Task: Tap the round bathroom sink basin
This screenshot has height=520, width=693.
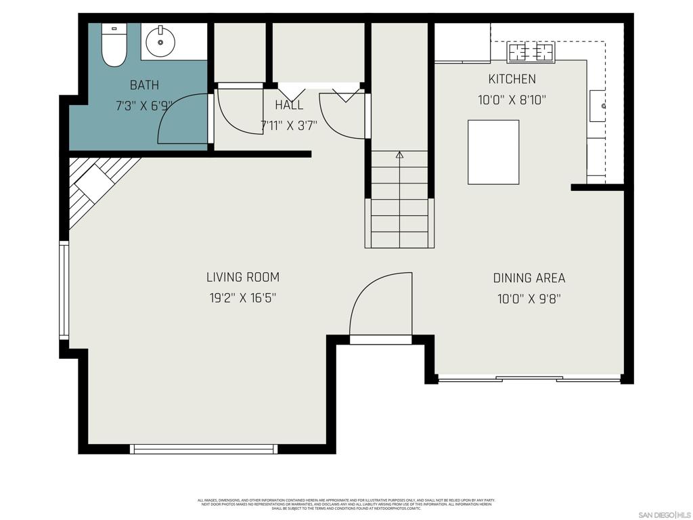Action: pos(161,42)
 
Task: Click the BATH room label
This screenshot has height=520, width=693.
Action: pos(145,85)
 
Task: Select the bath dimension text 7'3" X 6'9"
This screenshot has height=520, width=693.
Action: pos(143,106)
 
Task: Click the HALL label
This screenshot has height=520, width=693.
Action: pos(289,106)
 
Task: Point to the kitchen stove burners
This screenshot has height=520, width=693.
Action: pos(531,51)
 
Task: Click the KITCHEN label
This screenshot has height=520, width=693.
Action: pos(512,79)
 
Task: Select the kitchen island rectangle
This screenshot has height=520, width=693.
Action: pos(493,152)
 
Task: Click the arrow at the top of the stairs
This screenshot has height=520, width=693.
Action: pos(399,155)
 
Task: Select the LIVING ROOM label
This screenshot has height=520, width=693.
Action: pos(243,277)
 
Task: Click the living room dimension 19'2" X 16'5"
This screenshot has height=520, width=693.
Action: pos(243,297)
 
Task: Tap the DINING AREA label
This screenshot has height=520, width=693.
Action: pos(529,278)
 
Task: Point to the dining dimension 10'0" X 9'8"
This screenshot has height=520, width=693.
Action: pos(529,298)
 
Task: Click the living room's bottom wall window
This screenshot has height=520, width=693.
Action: pos(204,448)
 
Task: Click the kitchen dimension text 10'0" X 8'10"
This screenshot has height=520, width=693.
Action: pos(512,100)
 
